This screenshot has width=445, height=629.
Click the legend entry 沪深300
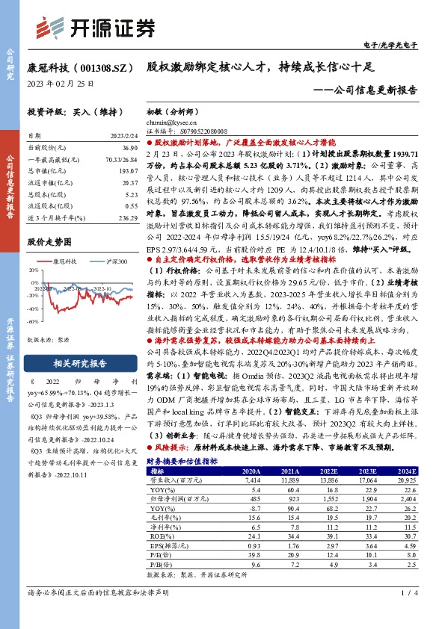[102, 261]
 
